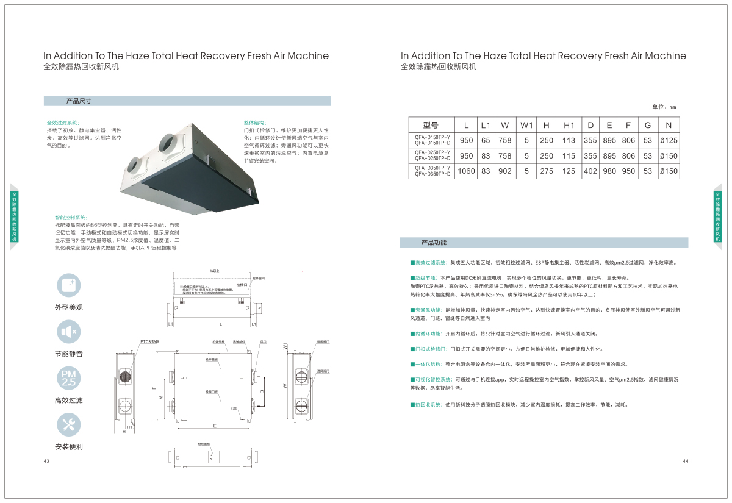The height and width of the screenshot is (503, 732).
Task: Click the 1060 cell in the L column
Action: point(466,171)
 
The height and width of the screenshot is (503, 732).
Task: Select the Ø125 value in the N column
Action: point(669,140)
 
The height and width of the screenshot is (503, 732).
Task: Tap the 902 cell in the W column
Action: point(505,171)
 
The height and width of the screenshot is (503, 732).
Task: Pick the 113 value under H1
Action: point(569,140)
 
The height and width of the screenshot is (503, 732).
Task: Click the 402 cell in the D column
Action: point(590,171)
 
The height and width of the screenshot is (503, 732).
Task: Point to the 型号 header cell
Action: point(431,125)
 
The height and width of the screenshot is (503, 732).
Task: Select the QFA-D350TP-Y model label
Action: point(432,168)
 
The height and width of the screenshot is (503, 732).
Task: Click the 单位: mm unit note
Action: point(664,107)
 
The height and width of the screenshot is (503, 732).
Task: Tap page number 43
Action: point(46,461)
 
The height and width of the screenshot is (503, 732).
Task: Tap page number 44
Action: point(685,461)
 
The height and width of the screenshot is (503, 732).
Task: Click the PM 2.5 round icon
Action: point(68,379)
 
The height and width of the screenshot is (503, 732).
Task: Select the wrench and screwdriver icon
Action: point(68,425)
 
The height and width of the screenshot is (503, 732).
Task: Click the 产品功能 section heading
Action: point(434,243)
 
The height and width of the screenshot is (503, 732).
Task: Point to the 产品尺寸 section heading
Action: point(79,101)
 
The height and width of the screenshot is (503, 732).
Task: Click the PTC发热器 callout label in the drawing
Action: point(149,341)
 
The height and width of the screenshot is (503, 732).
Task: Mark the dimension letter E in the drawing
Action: point(214,425)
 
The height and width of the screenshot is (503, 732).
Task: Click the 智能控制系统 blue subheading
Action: point(71,217)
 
